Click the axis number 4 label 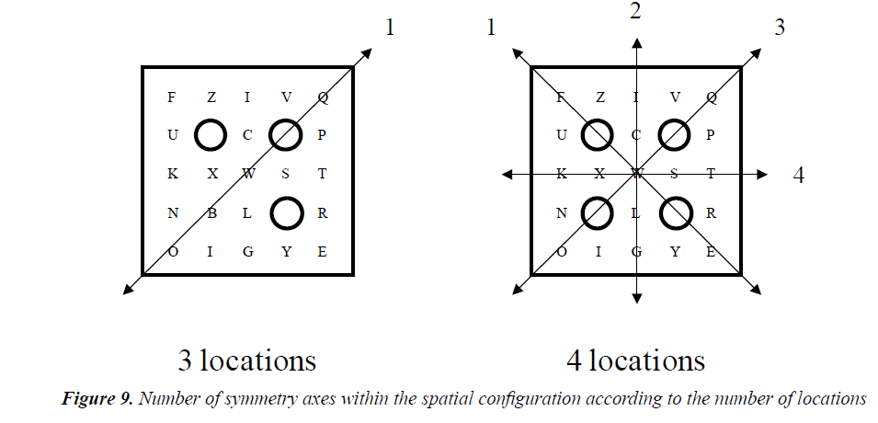coord(798,175)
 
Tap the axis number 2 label coord(634,12)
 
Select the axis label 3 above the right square coord(779,28)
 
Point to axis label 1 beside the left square coord(390,28)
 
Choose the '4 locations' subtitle coord(635,359)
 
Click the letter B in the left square coord(211,214)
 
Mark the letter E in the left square coord(322,252)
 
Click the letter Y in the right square coord(674,252)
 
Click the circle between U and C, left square coord(211,135)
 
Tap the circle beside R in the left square coord(286,213)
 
